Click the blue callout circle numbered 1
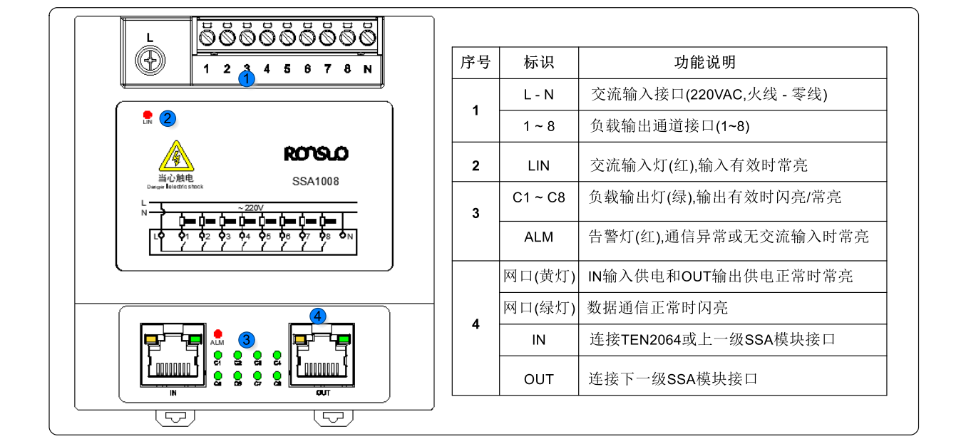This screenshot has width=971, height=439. click(246, 79)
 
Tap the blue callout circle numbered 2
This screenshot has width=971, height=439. click(168, 118)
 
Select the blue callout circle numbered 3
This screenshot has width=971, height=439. click(246, 340)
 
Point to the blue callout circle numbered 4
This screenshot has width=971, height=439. click(318, 316)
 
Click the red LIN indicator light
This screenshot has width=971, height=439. click(148, 114)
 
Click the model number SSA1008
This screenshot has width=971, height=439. click(316, 181)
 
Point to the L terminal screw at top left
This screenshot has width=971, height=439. click(150, 61)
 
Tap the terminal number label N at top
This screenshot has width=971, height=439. click(367, 69)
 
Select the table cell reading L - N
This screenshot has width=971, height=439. click(538, 94)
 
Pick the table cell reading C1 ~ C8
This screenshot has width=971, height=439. click(538, 197)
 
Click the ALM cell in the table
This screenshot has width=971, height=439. click(538, 237)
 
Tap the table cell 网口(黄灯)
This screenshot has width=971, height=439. click(538, 277)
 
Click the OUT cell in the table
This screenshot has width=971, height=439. click(538, 379)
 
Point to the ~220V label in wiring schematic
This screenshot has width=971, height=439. click(252, 207)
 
